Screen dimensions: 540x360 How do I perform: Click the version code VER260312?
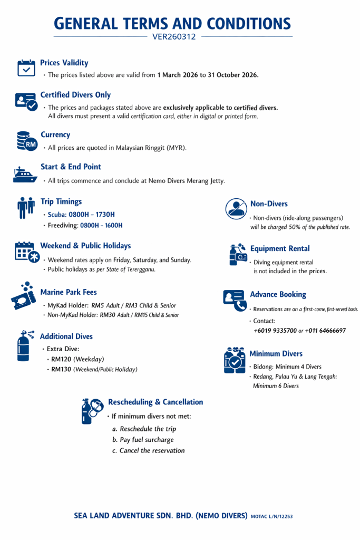point(174,37)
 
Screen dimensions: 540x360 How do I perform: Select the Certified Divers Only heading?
point(75,95)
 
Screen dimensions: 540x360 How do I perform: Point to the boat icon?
point(25,175)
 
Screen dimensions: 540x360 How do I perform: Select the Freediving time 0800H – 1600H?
point(101,225)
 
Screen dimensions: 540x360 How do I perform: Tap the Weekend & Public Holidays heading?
point(85,246)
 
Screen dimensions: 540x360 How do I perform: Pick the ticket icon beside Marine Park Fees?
point(24,296)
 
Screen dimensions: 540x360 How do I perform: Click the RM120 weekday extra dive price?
point(61,359)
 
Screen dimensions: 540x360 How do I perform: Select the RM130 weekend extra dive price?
point(61,370)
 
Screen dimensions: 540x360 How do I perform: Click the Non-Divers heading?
point(269,204)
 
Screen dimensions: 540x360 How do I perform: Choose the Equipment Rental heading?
point(280,248)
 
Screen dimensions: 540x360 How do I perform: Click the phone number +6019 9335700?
point(275,331)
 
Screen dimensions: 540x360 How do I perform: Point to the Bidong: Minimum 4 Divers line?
point(287,367)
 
